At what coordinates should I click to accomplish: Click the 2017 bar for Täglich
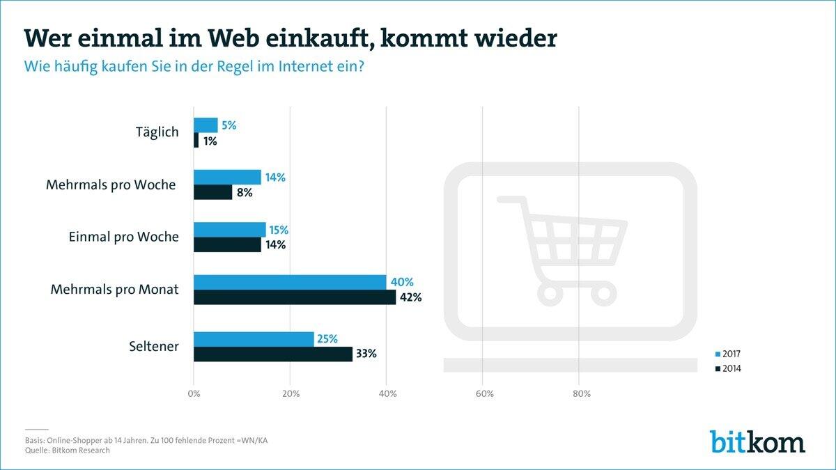tap(206, 125)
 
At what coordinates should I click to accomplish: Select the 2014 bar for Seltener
tap(273, 354)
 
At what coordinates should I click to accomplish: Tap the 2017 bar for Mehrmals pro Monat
tap(290, 282)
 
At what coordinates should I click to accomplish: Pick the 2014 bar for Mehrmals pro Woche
tap(212, 192)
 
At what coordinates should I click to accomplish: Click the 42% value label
tap(410, 297)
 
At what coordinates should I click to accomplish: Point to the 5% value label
tap(229, 125)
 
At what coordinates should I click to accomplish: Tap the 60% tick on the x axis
tap(484, 394)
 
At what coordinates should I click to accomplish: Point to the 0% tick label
tap(194, 394)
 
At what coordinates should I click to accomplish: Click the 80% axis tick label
tap(581, 394)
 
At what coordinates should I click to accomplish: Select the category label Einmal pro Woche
tap(124, 237)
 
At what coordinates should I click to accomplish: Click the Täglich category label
tap(157, 132)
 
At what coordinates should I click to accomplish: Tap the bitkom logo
tap(757, 441)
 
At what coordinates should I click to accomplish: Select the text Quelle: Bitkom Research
tap(67, 451)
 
